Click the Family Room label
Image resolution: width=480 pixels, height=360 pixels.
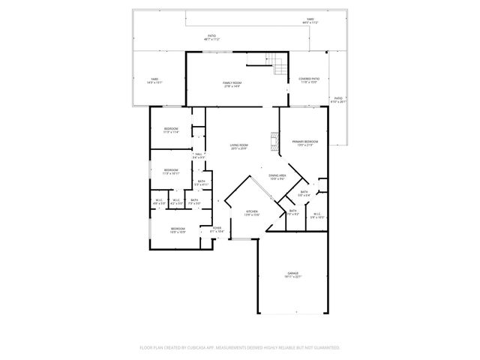(x=232, y=85)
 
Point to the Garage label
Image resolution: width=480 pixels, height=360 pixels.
(x=292, y=274)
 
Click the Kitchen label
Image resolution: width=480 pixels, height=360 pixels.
(x=253, y=214)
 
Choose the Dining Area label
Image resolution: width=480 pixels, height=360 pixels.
(x=277, y=178)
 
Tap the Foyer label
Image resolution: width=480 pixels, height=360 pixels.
(x=216, y=229)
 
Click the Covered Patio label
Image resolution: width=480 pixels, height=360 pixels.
(x=310, y=80)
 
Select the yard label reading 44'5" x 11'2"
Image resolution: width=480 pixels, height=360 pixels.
(x=310, y=22)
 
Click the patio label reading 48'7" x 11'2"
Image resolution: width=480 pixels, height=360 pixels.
(x=212, y=37)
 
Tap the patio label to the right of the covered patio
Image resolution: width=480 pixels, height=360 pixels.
(x=338, y=100)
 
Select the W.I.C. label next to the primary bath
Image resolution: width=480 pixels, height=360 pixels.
(x=317, y=215)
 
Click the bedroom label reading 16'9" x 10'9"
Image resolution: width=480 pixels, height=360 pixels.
(x=178, y=230)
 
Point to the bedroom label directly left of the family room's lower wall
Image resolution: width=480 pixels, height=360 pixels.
(x=171, y=130)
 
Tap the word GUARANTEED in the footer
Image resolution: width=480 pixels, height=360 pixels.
(x=322, y=348)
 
